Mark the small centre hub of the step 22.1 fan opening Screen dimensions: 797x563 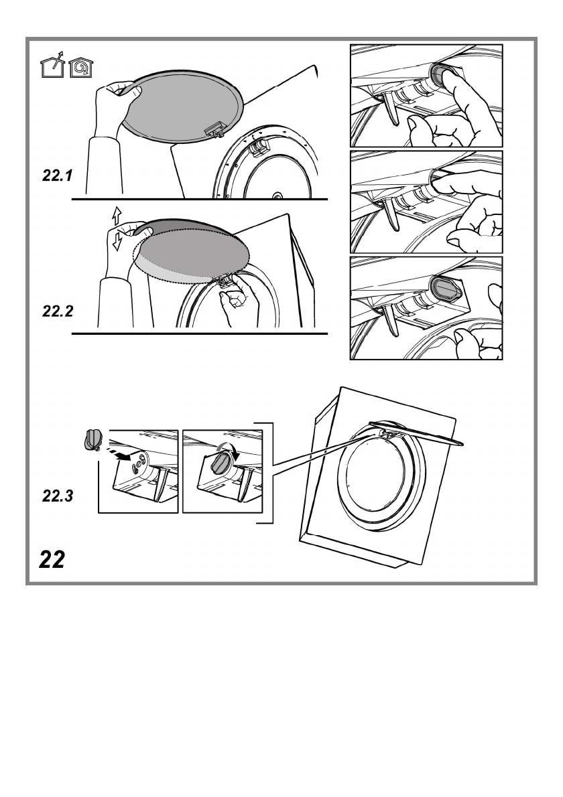277,197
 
